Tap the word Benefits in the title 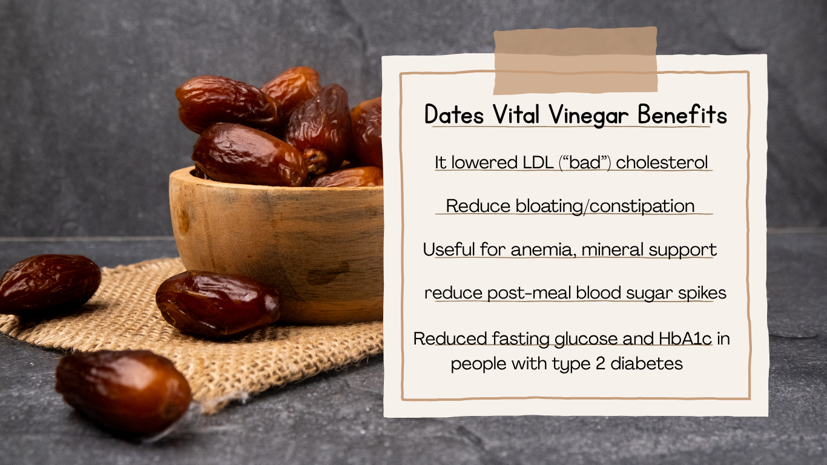[682, 115]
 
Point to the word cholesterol [662, 163]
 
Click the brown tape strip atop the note [575, 61]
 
